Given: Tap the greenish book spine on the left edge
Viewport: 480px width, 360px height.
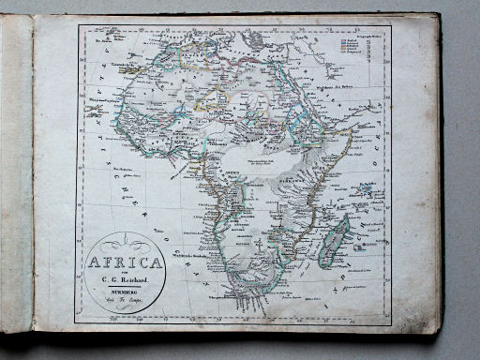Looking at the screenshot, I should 16,178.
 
